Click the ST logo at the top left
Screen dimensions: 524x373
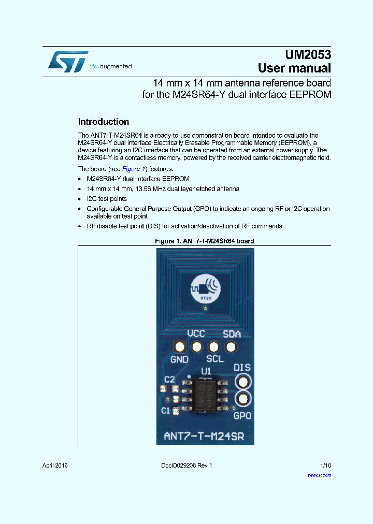click(x=67, y=61)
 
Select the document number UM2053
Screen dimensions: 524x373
click(x=308, y=54)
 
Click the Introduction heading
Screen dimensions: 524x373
click(x=103, y=122)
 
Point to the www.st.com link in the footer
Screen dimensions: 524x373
click(x=319, y=475)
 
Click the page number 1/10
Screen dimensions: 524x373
click(x=325, y=465)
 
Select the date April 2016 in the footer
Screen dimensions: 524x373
click(x=55, y=465)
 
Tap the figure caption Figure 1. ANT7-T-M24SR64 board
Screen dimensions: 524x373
click(x=205, y=241)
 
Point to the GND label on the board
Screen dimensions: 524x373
click(x=179, y=359)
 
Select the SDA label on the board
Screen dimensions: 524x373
click(x=232, y=334)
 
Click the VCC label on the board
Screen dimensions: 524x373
click(x=196, y=334)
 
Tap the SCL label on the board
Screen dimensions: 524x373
click(x=214, y=359)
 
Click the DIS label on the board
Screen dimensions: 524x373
click(x=242, y=368)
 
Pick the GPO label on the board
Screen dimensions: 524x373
click(x=242, y=415)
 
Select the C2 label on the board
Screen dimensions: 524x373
click(x=169, y=380)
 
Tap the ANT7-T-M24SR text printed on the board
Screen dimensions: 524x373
click(x=205, y=435)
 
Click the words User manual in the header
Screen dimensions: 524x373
click(x=294, y=68)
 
